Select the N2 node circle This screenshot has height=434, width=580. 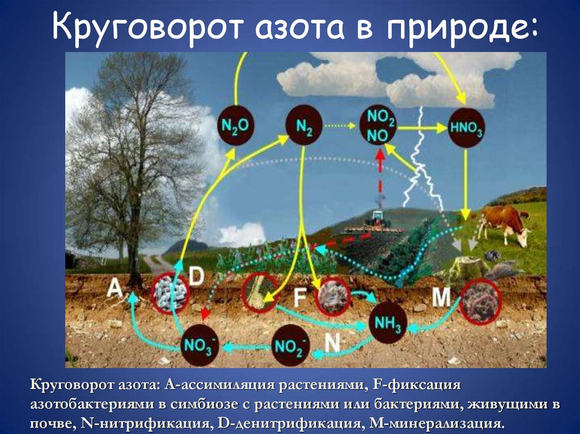[304, 126]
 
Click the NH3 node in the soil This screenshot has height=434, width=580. [387, 324]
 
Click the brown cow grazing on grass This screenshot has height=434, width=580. [501, 222]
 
